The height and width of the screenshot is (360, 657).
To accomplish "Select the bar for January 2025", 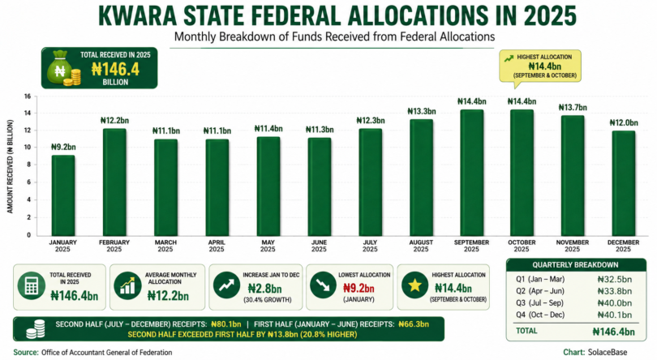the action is coord(63,195).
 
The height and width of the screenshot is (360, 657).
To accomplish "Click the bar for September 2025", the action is coord(472,173).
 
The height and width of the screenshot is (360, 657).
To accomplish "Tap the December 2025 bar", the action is coord(624,183).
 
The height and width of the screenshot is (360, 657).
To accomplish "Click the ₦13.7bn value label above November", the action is coord(573,108).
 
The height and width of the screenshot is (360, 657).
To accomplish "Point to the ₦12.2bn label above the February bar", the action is coord(114,121).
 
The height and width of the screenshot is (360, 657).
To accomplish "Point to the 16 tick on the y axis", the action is coord(28,96).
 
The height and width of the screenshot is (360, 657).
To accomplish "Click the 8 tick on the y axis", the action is coord(29,165).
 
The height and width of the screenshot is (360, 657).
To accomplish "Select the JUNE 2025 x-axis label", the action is coord(319,246).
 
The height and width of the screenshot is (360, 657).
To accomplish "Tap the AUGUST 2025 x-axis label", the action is coord(421,246).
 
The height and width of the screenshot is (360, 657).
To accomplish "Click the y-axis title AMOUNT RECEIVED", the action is coord(10,166).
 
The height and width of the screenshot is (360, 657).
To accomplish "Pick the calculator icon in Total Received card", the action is coord(32,286).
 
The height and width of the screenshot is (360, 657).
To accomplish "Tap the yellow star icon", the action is coord(414,285).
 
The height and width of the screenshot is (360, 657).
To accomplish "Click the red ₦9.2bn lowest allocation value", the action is coord(359,289).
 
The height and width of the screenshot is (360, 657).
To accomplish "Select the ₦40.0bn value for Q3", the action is coord(615,303).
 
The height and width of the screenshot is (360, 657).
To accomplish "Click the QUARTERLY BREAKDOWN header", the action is coord(575,265).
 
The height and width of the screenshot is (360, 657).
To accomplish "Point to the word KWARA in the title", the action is coord(137,16).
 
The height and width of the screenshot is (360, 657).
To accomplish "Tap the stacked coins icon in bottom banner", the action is coord(36,329).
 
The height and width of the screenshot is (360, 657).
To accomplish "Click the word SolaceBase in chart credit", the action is coord(608,353).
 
